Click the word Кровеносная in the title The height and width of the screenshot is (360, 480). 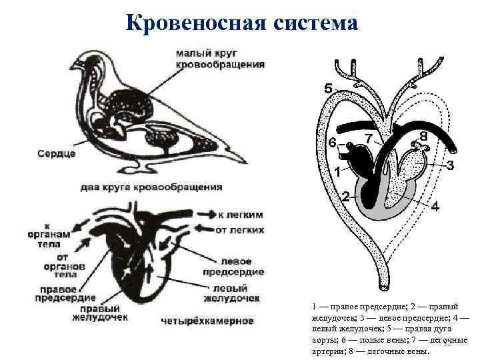coord(193,23)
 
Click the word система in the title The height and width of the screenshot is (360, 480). coord(314,23)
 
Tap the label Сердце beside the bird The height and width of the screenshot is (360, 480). coord(57,154)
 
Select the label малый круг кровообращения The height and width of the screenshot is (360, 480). coord(220,59)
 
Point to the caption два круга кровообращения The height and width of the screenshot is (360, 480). coord(151,187)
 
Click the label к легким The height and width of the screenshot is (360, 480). coord(241,215)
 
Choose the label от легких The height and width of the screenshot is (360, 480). coord(239,231)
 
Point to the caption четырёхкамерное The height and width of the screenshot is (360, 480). coord(207,321)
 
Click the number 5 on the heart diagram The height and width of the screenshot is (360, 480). coord(327,88)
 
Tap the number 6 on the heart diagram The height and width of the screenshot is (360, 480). coord(331,143)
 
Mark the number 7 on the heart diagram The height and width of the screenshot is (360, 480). coord(368,137)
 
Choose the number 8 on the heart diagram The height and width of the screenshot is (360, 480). coord(424,135)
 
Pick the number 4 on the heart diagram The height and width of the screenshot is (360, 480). coord(435,206)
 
